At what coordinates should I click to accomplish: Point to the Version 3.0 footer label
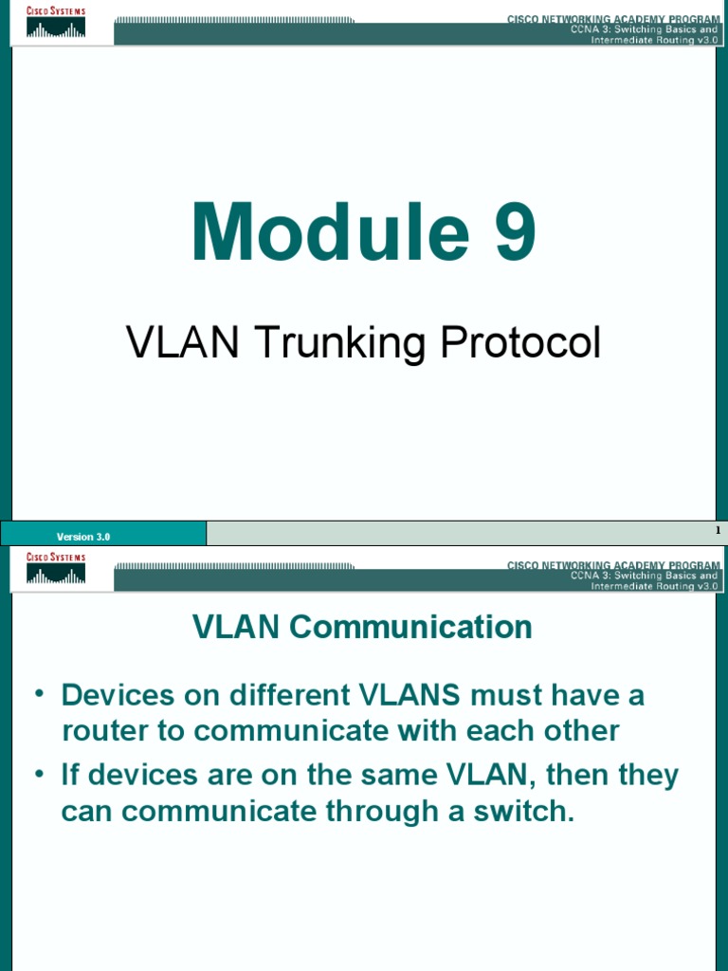tap(83, 537)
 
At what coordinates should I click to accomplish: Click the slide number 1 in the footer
tap(718, 531)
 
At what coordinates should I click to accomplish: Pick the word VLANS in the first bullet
tap(409, 695)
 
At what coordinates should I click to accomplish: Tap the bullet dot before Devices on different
tap(40, 694)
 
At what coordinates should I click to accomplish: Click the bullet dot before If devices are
tap(40, 775)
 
